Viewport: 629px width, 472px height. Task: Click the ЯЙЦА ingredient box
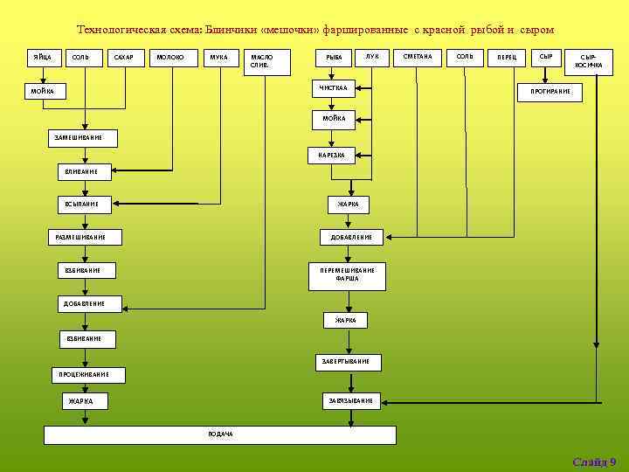[x=41, y=58]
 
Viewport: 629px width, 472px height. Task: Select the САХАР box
[x=124, y=58]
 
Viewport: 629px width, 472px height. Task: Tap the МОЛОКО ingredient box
[x=169, y=58]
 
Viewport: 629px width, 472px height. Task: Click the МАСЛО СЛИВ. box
[x=263, y=61]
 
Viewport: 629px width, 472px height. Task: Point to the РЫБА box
[x=334, y=58]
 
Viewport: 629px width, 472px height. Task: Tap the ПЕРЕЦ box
[x=507, y=58]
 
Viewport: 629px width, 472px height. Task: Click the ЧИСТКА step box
[x=334, y=88]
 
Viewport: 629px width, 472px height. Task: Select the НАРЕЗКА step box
[x=331, y=156]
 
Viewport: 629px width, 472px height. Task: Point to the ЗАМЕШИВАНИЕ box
[x=79, y=137]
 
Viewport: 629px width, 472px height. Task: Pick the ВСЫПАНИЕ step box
[x=86, y=204]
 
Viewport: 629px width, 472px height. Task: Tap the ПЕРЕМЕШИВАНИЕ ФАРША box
[x=347, y=274]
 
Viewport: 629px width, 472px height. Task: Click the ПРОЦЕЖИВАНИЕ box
[x=85, y=374]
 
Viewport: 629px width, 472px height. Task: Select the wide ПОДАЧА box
[x=220, y=434]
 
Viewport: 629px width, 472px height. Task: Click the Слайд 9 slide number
[x=594, y=462]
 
